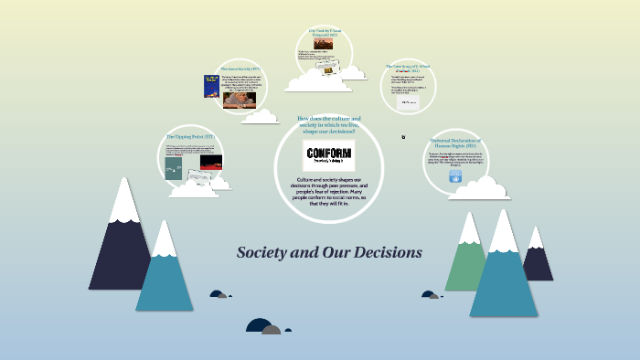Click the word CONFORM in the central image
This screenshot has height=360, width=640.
click(x=328, y=153)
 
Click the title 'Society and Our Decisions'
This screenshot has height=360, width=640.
click(x=329, y=251)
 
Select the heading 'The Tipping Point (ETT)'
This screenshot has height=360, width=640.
click(x=190, y=136)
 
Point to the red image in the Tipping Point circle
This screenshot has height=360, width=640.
click(x=211, y=162)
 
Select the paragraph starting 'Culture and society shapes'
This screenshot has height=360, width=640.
click(x=328, y=192)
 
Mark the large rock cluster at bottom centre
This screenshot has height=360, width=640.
click(x=264, y=326)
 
